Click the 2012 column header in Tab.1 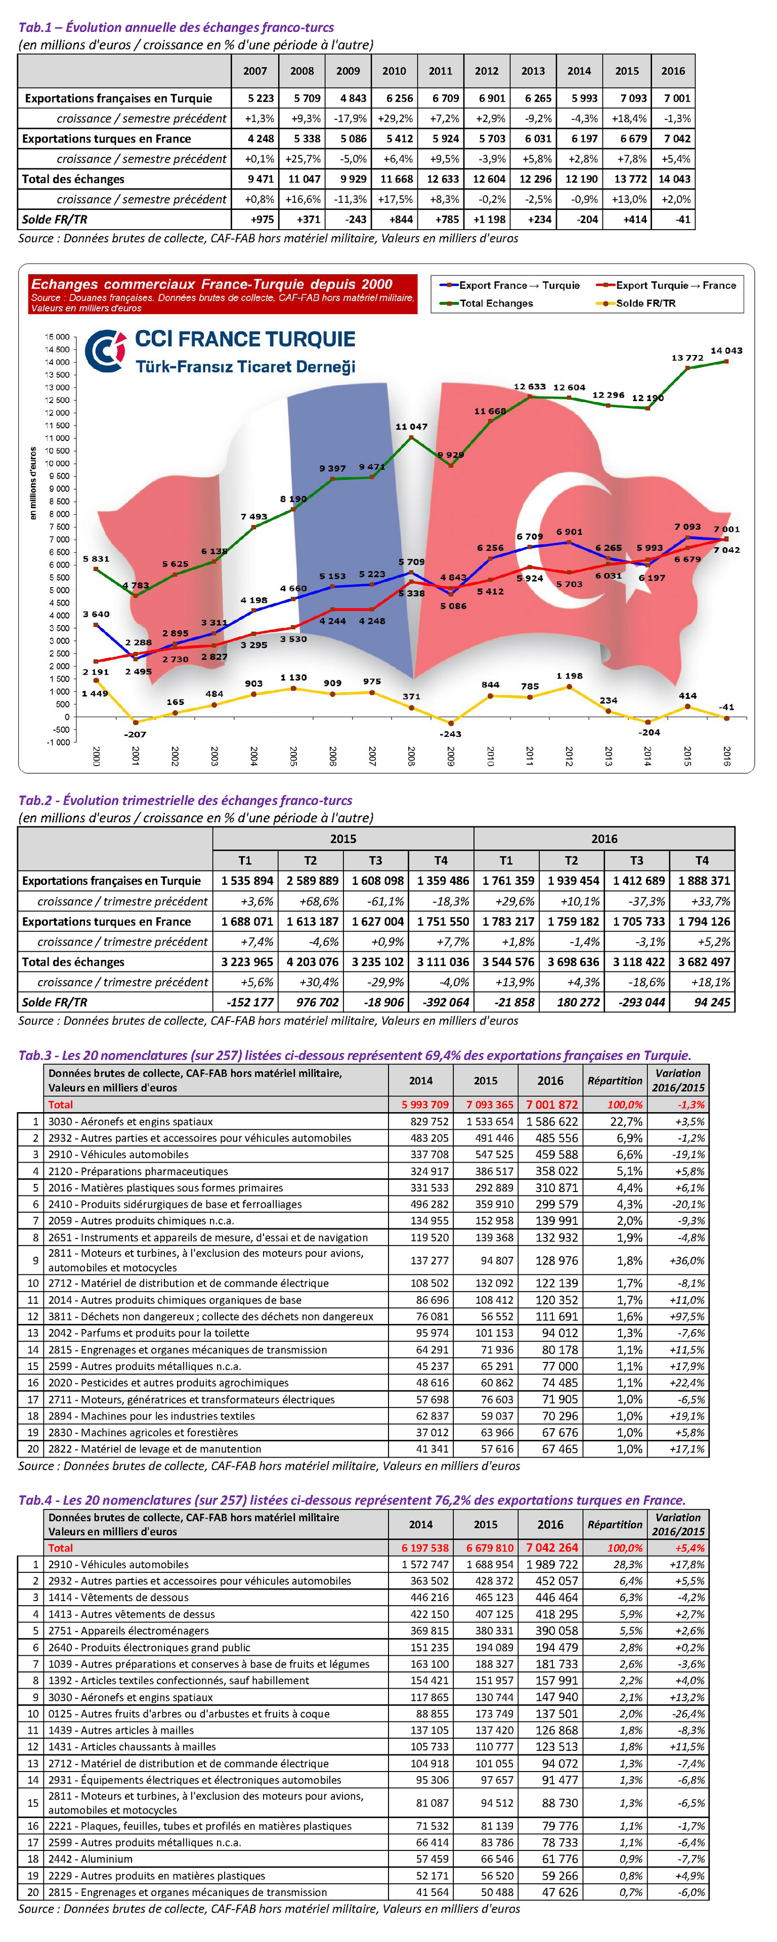point(487,71)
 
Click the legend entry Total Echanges point(496,303)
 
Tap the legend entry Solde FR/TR point(645,303)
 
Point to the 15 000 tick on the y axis point(57,336)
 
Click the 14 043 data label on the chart point(726,350)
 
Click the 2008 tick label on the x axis point(411,756)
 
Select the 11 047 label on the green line point(411,427)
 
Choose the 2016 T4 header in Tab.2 point(702,860)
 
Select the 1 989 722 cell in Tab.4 point(552,1564)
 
